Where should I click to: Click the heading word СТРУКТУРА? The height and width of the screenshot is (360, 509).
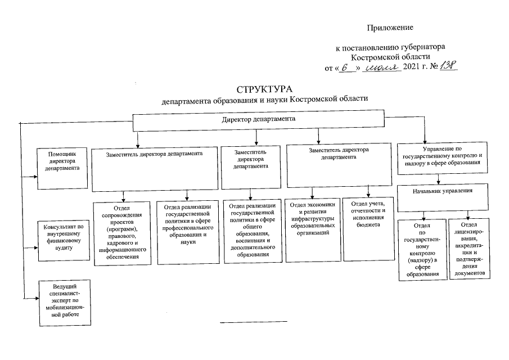[265, 89]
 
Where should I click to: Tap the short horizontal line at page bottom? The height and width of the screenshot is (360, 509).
[253, 321]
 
